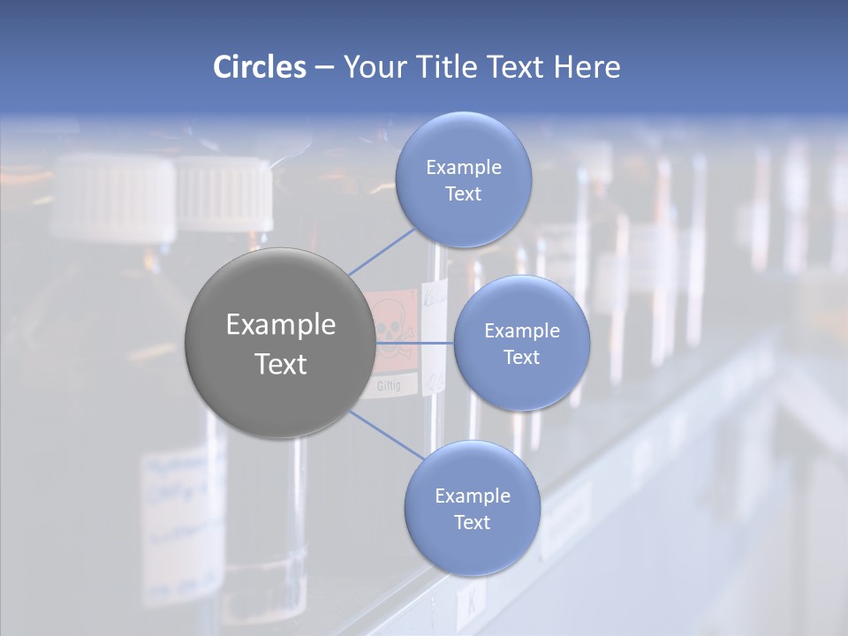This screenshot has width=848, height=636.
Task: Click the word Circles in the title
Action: (260, 66)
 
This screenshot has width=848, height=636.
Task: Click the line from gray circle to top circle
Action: (382, 249)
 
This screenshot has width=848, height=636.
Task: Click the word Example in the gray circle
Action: (280, 324)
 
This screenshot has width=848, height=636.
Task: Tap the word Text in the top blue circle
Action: (463, 194)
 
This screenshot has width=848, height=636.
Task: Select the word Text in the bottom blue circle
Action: (472, 522)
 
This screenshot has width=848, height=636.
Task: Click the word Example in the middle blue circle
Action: (521, 330)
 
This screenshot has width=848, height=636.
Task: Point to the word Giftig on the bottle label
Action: (390, 386)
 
